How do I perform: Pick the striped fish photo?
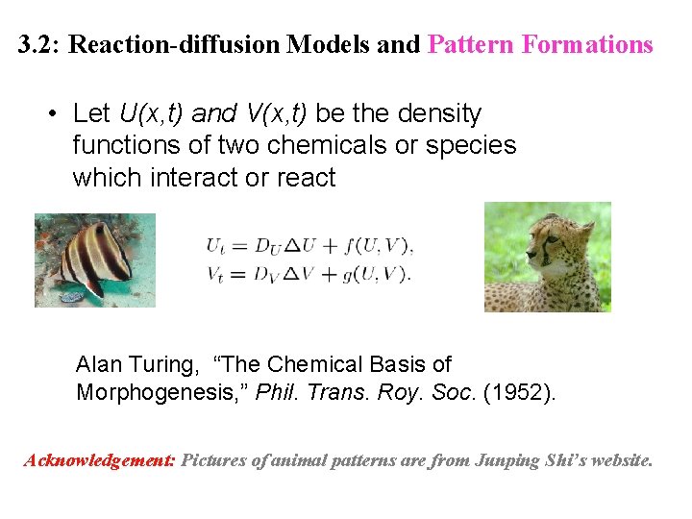click(x=95, y=256)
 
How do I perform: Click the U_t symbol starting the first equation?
click(x=214, y=246)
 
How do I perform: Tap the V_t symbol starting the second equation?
click(x=214, y=274)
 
